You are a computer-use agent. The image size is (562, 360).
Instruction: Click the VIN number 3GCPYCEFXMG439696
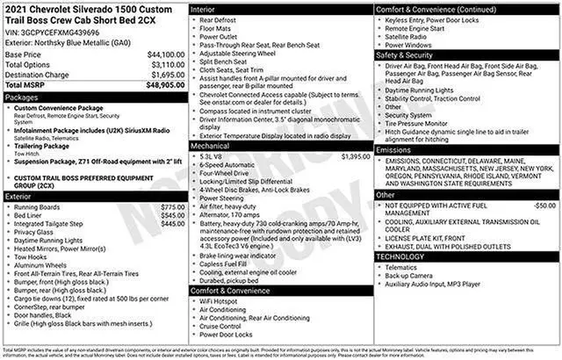coord(54,32)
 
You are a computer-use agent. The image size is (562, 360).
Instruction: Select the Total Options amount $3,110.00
coord(162,65)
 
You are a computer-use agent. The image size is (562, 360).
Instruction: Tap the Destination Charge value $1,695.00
coord(162,76)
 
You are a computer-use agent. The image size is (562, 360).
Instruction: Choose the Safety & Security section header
coord(407,54)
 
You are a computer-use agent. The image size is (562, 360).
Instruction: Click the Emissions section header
coord(394,150)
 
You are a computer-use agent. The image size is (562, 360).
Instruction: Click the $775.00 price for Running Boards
coord(171,207)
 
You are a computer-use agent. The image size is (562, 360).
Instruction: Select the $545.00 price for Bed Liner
coord(171,215)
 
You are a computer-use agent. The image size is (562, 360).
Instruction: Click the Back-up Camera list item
coord(409,276)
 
